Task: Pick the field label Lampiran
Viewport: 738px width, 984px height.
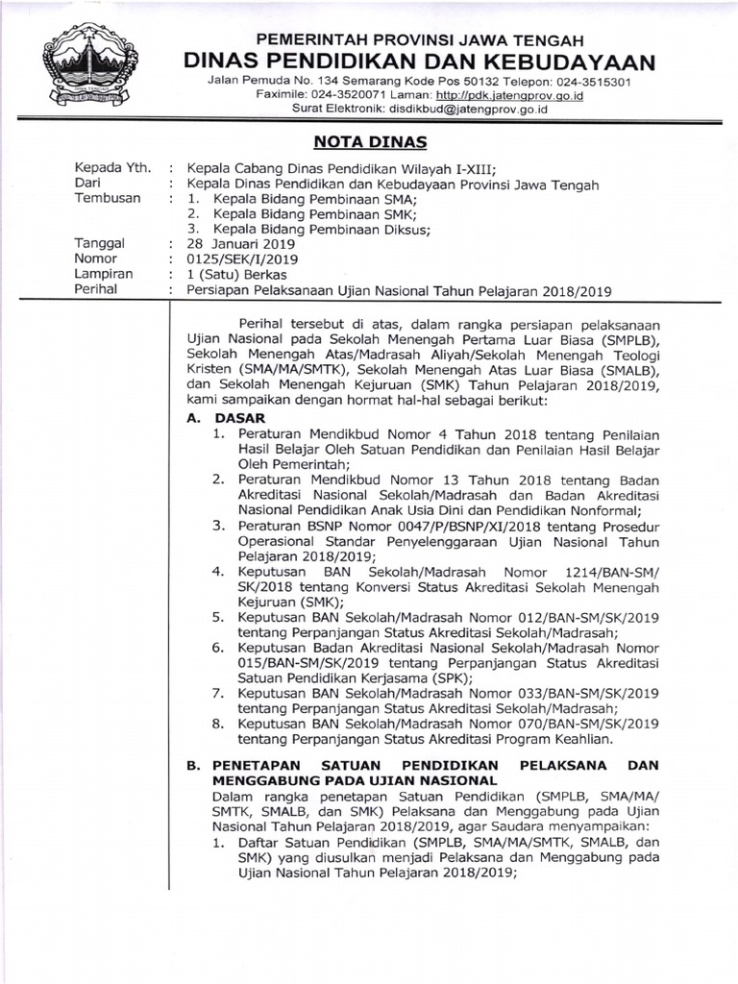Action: click(x=107, y=274)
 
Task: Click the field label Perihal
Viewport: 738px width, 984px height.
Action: click(x=102, y=289)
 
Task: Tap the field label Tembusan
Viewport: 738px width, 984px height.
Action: click(x=108, y=198)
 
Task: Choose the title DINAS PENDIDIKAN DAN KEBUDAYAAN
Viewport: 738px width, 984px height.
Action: click(x=420, y=62)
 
